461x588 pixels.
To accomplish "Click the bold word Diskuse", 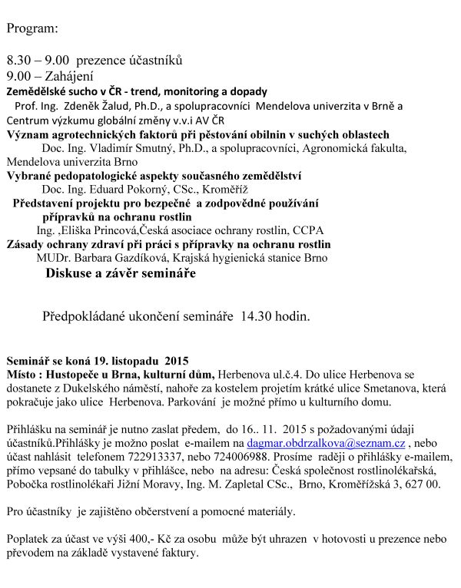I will pos(68,273).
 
